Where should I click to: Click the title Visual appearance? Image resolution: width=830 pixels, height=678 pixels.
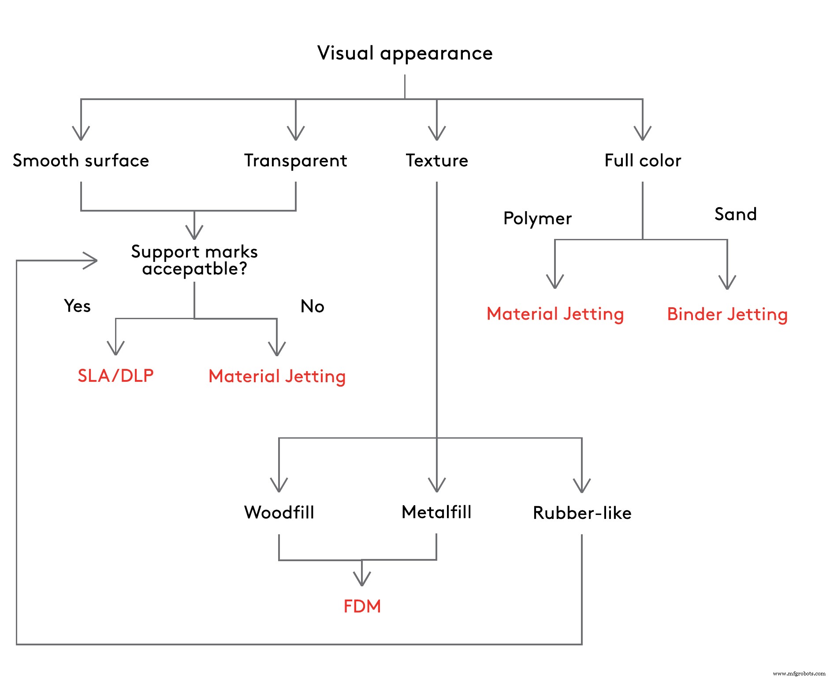tap(405, 53)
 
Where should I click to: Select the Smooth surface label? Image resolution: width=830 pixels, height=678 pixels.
tap(81, 160)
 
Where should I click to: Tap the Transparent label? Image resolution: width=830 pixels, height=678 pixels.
tap(295, 160)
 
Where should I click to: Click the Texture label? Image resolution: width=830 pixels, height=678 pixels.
tap(436, 160)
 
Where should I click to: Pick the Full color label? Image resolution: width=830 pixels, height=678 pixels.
tap(642, 160)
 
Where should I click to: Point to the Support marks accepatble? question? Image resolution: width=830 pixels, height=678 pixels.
tap(194, 260)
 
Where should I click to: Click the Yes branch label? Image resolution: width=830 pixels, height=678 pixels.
tap(77, 306)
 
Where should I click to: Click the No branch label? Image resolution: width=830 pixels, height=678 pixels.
tap(312, 306)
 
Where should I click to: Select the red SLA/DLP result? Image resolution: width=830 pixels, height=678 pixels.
tap(115, 376)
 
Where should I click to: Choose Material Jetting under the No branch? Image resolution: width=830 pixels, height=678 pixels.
tap(277, 376)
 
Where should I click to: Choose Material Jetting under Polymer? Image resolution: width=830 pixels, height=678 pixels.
tap(555, 314)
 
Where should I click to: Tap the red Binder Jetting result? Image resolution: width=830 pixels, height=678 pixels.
tap(727, 314)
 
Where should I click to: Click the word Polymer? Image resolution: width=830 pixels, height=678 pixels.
tap(537, 219)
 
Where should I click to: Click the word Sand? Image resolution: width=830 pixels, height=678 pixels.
tap(735, 214)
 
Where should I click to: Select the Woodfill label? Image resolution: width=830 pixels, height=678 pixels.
tap(279, 512)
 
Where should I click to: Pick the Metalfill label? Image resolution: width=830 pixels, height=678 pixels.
tap(436, 512)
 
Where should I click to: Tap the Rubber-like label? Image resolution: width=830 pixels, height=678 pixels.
tap(582, 513)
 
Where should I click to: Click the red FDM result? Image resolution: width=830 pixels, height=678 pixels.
tap(362, 606)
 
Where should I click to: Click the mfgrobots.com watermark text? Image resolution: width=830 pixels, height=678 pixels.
tap(799, 673)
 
